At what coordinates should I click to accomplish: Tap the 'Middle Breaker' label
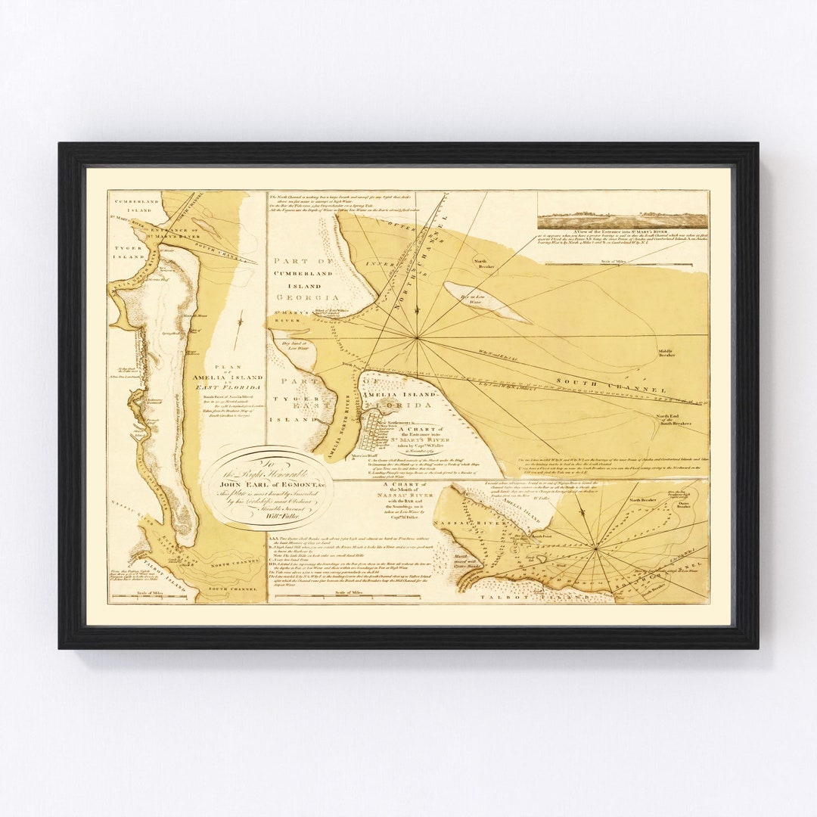point(666,353)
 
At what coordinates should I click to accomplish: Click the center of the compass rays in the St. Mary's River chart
point(417,338)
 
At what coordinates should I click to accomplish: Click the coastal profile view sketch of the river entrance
point(623,220)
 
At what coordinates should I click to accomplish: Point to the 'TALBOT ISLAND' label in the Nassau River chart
point(544,596)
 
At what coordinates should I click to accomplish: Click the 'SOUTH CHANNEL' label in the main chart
point(611,383)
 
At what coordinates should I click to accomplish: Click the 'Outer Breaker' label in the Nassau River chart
point(679,508)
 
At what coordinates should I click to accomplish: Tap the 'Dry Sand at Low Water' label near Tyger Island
point(294,348)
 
